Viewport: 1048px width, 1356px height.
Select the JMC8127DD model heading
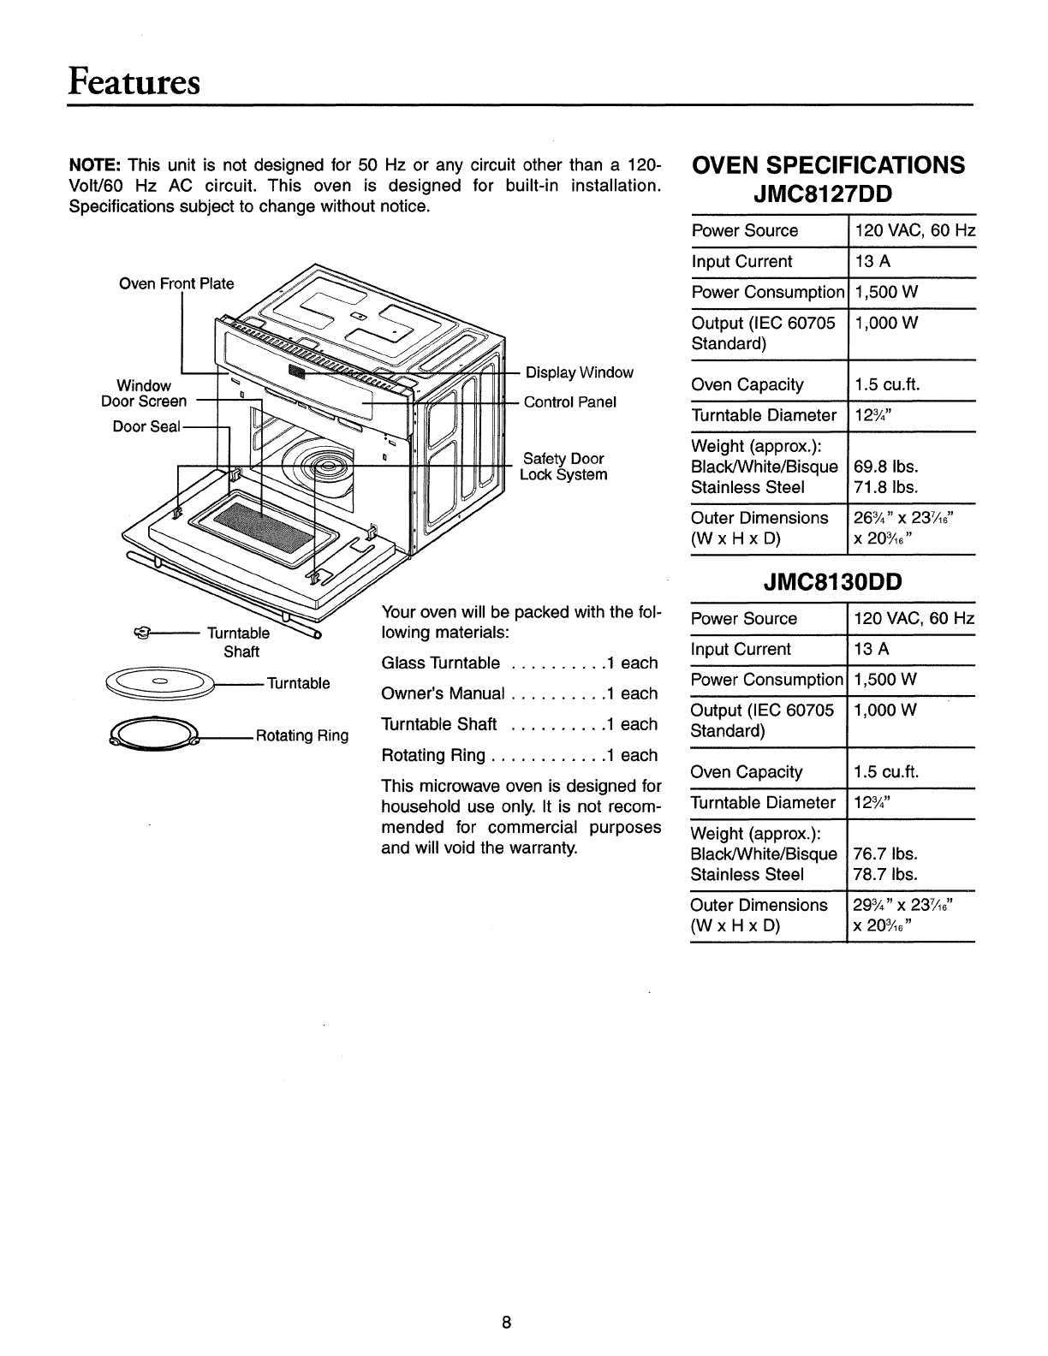(832, 194)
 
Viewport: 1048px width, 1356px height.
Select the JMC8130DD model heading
(832, 582)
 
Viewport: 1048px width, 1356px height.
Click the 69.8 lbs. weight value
(885, 467)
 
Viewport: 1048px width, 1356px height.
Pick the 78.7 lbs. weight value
(885, 874)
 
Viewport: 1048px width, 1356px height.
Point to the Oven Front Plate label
(176, 284)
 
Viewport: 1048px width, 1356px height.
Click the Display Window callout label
(579, 372)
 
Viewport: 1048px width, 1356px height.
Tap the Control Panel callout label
(569, 401)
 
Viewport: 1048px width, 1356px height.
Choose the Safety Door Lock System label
(564, 467)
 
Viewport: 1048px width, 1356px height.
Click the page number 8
(506, 1322)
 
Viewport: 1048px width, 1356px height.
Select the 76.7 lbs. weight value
(885, 853)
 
